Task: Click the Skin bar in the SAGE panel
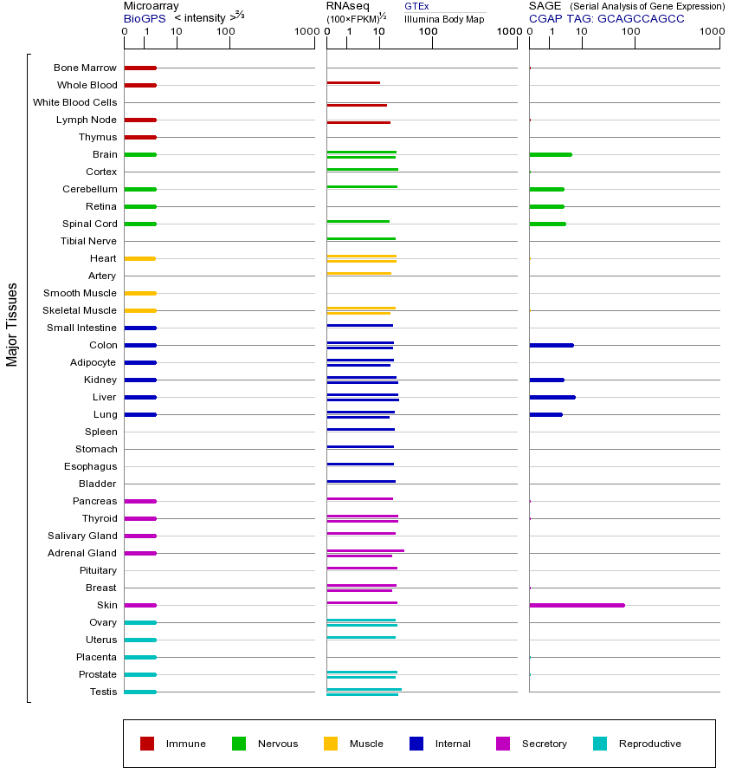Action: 577,605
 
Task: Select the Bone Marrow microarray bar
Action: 140,68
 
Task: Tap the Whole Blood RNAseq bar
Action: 353,82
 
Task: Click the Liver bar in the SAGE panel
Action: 552,397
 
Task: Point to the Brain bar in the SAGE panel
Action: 551,154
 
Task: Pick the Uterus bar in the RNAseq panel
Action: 361,637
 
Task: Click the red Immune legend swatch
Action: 147,744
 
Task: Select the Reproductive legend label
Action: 649,744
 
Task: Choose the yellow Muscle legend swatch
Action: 331,744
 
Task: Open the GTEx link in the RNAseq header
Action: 416,6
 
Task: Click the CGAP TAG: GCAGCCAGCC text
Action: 606,18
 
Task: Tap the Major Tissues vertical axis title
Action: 12,324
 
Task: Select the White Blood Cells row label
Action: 75,102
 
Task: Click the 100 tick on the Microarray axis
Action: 226,33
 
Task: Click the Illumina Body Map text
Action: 444,18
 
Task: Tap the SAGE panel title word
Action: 545,6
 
